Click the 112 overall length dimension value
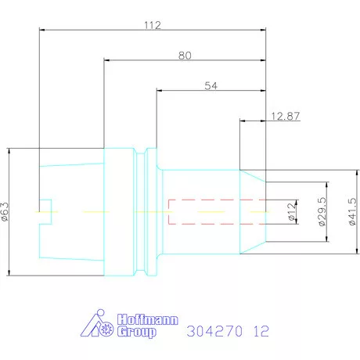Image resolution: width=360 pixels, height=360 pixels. coord(153,25)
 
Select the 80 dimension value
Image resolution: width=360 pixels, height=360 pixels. coord(185,56)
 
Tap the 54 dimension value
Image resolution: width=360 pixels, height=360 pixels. coord(211,85)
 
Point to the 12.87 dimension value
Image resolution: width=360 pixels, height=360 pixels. coord(286,116)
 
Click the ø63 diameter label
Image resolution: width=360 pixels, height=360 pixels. coord(5,212)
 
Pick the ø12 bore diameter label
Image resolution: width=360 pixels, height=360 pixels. coord(292,212)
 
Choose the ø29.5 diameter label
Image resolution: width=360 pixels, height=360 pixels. coord(322,212)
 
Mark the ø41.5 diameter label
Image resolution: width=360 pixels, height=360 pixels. coord(352,212)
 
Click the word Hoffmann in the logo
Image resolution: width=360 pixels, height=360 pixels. coord(148,319)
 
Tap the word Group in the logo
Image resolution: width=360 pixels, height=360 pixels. coord(137,332)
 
